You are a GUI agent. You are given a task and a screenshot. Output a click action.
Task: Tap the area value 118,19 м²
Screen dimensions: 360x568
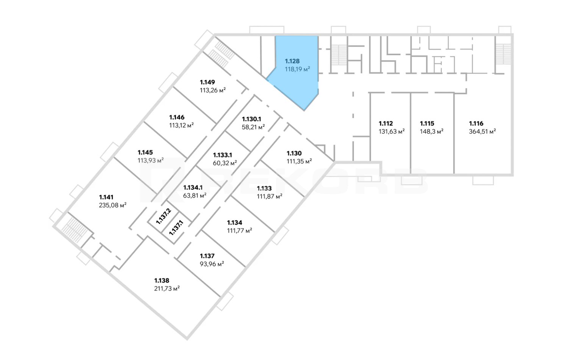[297, 69]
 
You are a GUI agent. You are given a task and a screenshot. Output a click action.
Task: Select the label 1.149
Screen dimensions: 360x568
[208, 82]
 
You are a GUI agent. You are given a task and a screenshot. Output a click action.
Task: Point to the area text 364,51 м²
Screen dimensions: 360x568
[482, 132]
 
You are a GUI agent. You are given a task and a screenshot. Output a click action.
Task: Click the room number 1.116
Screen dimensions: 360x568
[476, 124]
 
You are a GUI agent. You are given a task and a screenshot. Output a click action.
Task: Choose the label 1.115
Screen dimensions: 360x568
[427, 124]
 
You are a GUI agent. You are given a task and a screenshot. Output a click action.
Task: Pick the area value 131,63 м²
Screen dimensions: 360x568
[392, 132]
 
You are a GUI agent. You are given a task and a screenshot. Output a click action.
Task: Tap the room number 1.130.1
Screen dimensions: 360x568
[251, 119]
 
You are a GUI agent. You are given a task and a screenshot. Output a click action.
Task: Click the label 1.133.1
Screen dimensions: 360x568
[222, 155]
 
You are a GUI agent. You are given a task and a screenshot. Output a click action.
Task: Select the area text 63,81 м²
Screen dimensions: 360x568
[195, 196]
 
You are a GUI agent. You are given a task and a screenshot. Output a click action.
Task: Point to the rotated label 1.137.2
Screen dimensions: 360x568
[164, 217]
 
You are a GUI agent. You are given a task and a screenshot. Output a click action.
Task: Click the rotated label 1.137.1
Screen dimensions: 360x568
[176, 228]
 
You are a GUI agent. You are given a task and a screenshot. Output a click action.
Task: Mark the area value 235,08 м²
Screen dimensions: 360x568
[112, 205]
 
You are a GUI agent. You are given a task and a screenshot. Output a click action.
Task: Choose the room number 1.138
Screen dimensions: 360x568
[162, 281]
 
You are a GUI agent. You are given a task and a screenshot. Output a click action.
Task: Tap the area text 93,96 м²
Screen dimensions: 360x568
[212, 264]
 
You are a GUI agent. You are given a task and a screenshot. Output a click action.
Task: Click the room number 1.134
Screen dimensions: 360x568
[234, 223]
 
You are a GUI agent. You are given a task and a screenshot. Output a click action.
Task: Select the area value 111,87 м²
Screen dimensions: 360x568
[269, 197]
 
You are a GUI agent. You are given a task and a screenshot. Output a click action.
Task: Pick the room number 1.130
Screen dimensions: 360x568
[294, 153]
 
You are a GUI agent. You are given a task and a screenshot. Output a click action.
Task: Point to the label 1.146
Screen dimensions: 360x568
[177, 117]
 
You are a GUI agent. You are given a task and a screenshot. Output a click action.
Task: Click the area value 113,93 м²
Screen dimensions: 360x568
[150, 161]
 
